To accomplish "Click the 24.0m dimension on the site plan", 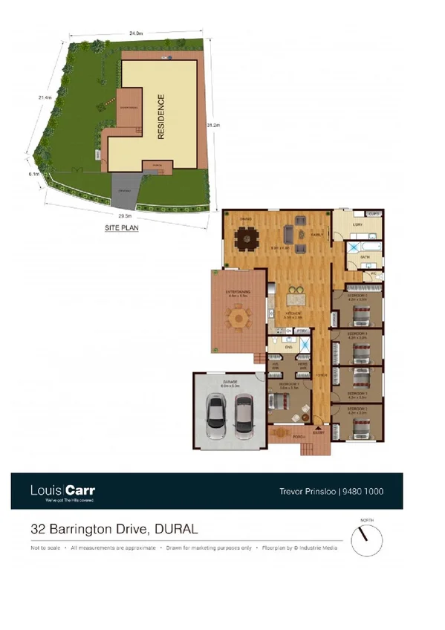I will (135, 34).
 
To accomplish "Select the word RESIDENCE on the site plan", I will (160, 117).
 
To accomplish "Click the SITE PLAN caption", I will (121, 229).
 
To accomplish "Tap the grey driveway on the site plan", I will (123, 192).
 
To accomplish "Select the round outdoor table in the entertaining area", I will (238, 319).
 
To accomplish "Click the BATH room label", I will (365, 256).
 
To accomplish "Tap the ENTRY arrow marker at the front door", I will (319, 430).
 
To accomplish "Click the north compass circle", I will (363, 537).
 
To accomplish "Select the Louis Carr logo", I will (62, 491).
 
